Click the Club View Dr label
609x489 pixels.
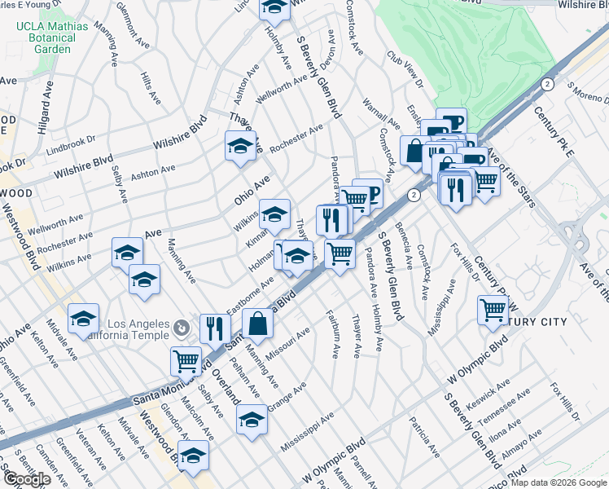(405, 71)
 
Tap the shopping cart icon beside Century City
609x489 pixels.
(493, 310)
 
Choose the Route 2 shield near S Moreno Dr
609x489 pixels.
(547, 84)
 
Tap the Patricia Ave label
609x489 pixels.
(425, 436)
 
